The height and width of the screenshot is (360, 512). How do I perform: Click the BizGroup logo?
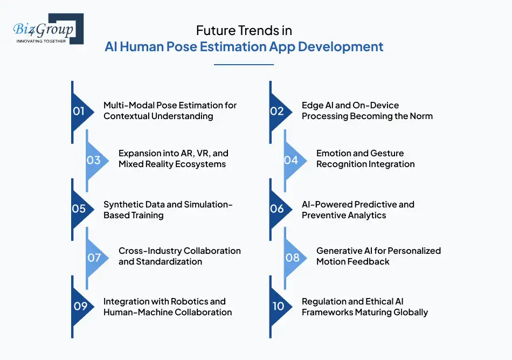[49, 29]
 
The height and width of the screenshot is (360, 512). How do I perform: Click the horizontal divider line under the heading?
[244, 65]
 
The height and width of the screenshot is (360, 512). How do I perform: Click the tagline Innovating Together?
[41, 41]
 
